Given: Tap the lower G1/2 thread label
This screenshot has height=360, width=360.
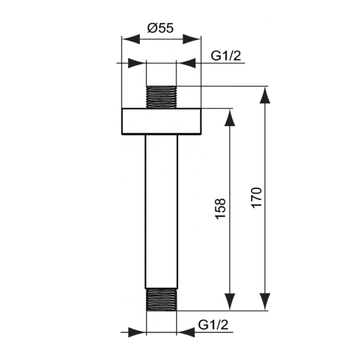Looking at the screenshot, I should click(x=212, y=324).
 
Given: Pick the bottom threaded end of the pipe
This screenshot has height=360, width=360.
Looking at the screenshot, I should click(x=161, y=299).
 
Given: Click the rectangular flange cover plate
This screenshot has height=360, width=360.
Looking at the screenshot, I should click(x=161, y=122).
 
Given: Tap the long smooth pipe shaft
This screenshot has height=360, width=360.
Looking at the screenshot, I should click(x=161, y=212).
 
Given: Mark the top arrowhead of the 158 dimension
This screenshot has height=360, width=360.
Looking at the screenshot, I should click(x=230, y=116).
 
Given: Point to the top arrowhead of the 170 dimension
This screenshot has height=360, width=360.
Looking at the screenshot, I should click(x=265, y=94).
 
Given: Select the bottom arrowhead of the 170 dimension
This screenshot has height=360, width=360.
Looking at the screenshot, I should click(x=265, y=302).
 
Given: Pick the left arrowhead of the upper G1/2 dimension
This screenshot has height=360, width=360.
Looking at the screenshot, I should click(x=137, y=62).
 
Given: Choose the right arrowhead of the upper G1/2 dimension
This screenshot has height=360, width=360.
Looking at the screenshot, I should click(x=185, y=62).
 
